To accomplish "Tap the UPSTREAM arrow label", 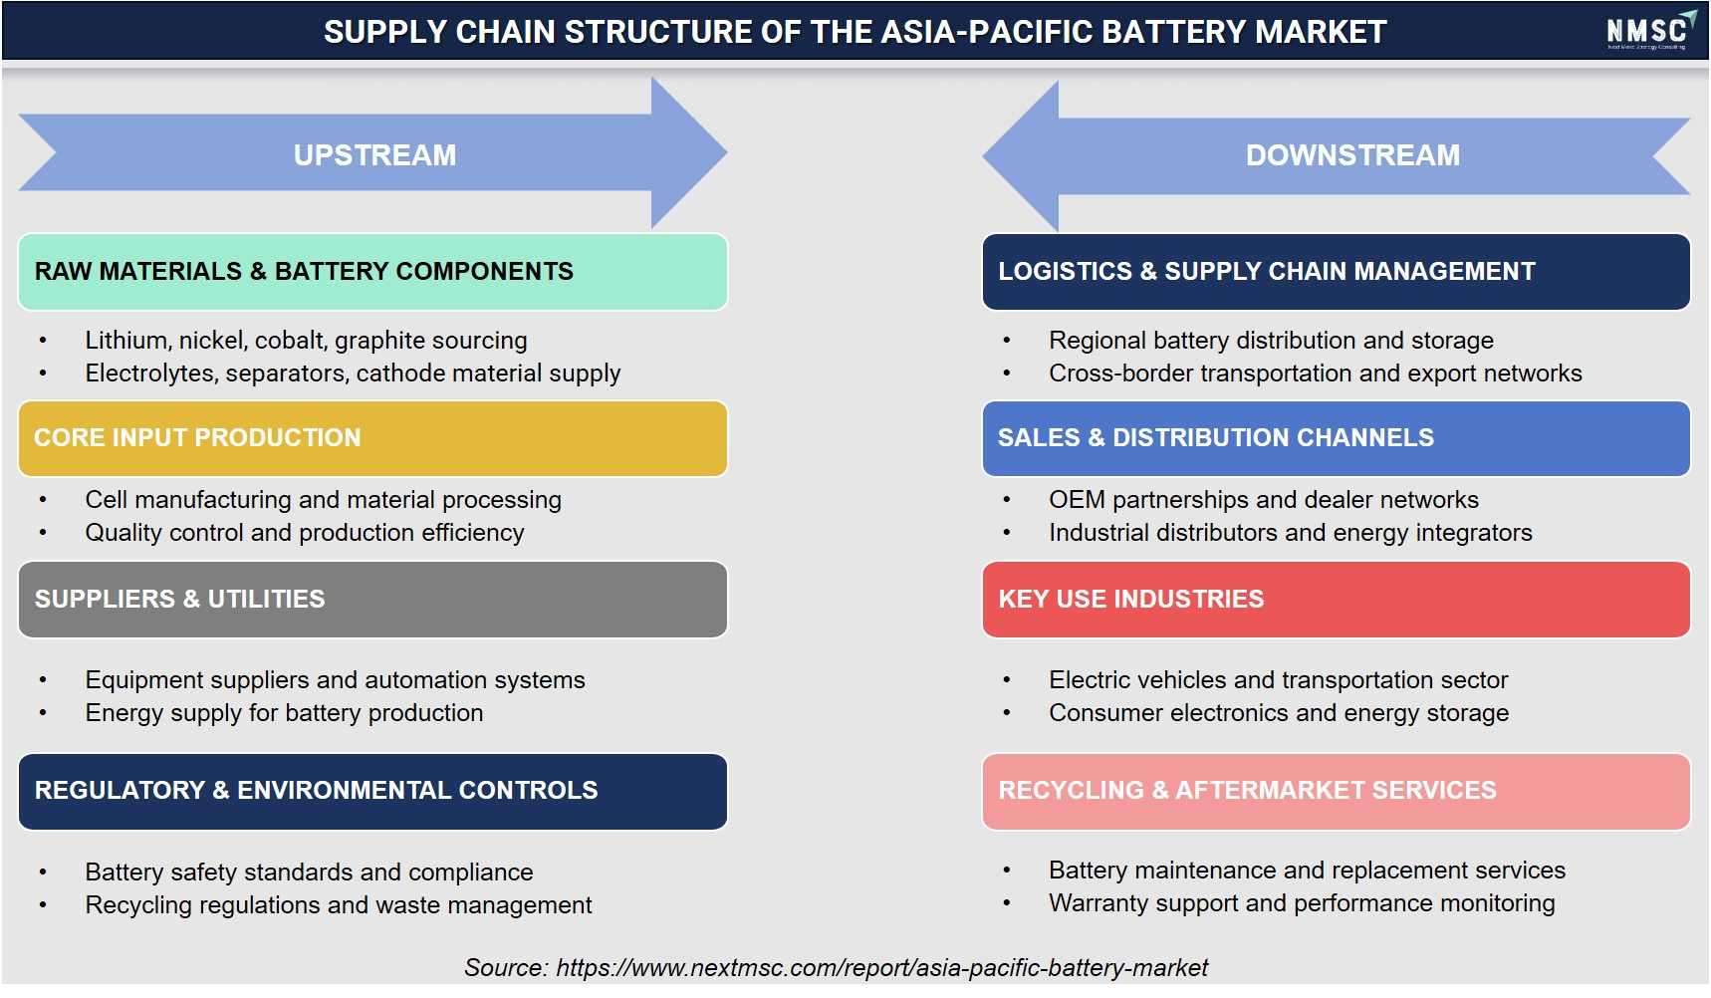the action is [374, 155].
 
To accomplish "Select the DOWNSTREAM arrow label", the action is [1352, 155].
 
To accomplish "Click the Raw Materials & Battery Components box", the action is [372, 272].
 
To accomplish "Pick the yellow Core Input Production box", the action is [372, 438].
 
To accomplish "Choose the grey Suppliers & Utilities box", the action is [372, 600].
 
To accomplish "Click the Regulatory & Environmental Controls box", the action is [372, 792].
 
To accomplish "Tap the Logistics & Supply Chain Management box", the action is [1336, 272].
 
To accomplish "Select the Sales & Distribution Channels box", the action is [1336, 438].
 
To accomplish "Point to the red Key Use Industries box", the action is [1336, 600].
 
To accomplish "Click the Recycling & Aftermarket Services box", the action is [1336, 792].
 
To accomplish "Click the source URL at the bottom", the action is [881, 968].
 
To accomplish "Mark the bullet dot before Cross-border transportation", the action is [1007, 374].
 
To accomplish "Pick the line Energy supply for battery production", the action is [284, 713].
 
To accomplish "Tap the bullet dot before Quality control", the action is [43, 533].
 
